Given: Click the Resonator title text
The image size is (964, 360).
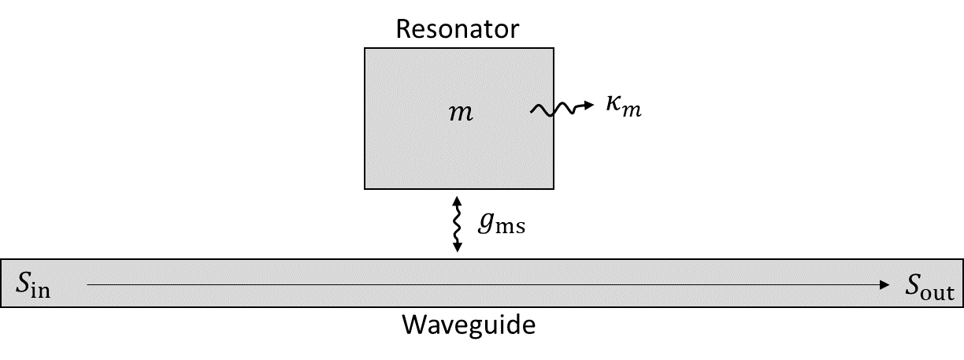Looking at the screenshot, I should tap(458, 29).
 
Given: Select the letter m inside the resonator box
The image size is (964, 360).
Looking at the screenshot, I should tap(460, 113).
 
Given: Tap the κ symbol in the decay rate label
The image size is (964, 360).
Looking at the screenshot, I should tap(614, 107).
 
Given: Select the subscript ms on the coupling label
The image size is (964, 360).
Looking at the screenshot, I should tap(510, 229).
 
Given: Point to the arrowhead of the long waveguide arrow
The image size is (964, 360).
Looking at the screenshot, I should tap(884, 285).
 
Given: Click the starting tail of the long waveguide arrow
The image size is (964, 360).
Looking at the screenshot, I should tap(88, 285).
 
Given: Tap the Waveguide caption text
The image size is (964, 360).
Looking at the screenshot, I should tap(469, 325).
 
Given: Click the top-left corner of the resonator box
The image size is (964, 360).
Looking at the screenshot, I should tap(365, 49).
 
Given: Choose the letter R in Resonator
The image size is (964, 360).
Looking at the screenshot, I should tap(402, 29).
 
